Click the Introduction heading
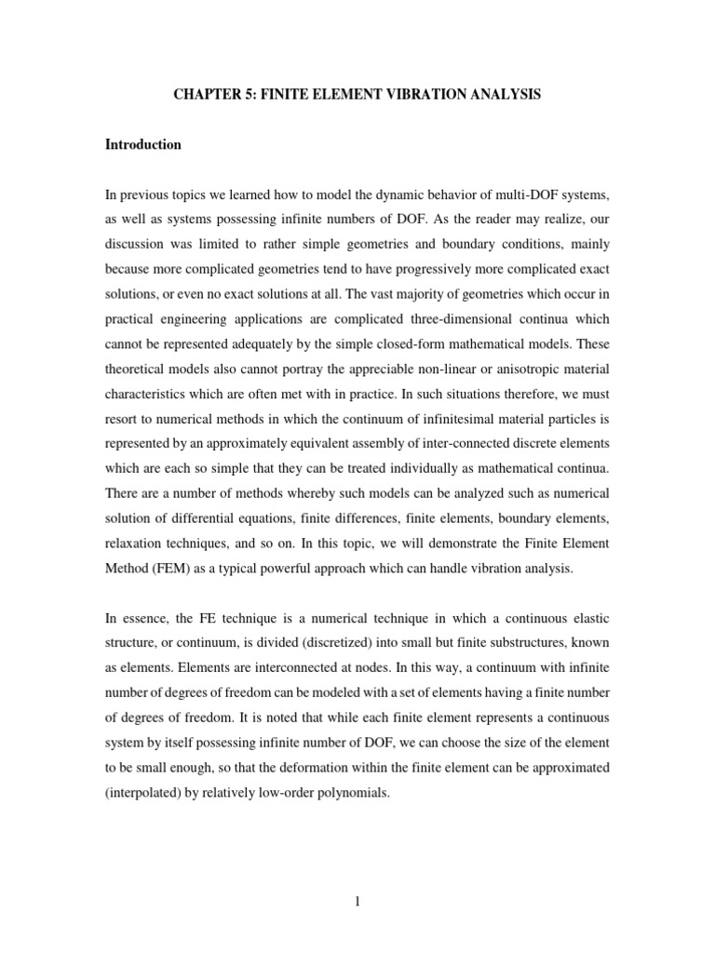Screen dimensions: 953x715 click(142, 145)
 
